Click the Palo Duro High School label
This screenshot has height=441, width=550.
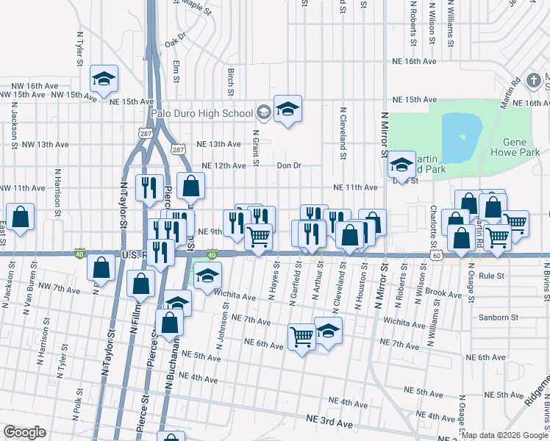click(201, 113)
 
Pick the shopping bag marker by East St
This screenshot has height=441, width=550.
click(21, 217)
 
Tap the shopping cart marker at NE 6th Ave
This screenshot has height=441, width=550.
click(302, 337)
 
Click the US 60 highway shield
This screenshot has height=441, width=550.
click(437, 255)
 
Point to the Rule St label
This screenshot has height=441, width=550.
click(490, 276)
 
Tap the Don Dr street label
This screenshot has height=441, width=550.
click(289, 165)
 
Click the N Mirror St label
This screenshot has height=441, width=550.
click(383, 135)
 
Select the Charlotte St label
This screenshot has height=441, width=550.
click(434, 218)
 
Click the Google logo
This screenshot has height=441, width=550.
click(25, 432)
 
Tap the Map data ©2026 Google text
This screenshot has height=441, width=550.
click(504, 435)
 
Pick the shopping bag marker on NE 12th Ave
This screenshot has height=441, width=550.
click(190, 187)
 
